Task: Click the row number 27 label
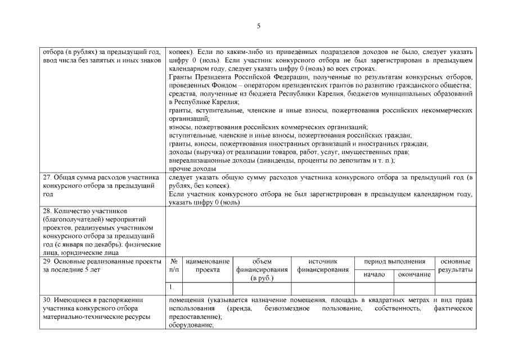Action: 47,177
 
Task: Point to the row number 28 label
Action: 47,210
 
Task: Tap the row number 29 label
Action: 47,262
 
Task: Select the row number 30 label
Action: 47,299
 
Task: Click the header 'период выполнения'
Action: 395,262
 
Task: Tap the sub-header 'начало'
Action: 374,274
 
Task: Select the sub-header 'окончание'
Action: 415,274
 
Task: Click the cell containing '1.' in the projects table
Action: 172,287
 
